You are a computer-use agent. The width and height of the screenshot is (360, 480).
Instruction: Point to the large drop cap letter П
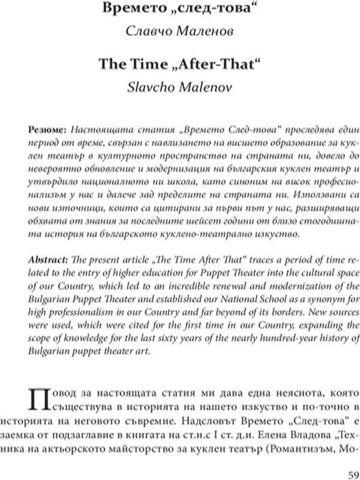tap(40, 399)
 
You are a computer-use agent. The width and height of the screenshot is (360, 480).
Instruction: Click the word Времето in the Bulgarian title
tap(128, 8)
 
